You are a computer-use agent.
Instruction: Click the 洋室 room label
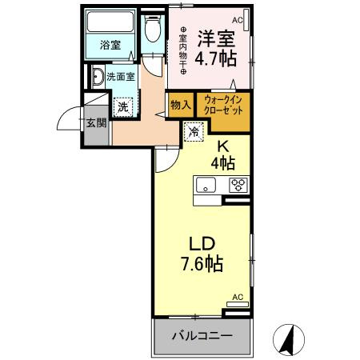214,38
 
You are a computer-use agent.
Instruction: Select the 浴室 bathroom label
110,45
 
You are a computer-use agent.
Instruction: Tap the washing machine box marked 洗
122,106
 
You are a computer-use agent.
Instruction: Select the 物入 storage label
180,104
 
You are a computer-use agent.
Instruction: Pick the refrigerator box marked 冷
194,131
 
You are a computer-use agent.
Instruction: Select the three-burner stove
238,186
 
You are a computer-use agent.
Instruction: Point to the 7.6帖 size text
201,263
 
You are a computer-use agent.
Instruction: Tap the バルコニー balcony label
202,336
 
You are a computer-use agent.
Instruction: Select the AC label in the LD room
237,297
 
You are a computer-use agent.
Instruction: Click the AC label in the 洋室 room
238,19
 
